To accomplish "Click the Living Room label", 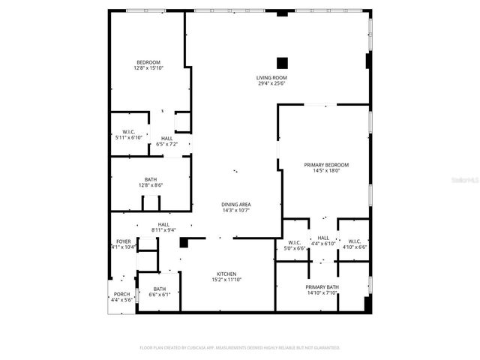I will (x=272, y=78).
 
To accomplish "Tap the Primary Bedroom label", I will (x=326, y=165).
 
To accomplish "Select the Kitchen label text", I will (x=226, y=274).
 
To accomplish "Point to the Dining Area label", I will (x=235, y=205).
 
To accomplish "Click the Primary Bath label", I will (x=322, y=287).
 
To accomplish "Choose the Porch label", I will (x=121, y=294).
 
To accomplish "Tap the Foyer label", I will (x=123, y=241).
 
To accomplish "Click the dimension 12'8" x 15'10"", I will (x=148, y=68).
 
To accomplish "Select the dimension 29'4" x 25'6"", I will (x=272, y=83).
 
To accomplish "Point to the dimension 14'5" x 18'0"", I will (x=326, y=170).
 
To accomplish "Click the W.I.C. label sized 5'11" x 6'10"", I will (x=127, y=133).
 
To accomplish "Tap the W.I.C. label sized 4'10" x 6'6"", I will (x=354, y=241).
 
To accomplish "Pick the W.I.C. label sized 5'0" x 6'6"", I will (x=294, y=241).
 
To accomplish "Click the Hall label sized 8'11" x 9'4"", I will (x=163, y=224).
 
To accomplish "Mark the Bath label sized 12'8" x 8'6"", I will (x=151, y=179).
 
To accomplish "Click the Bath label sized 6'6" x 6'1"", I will (x=160, y=289).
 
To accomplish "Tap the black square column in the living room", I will (x=282, y=63).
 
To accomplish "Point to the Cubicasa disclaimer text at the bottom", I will (x=240, y=348).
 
